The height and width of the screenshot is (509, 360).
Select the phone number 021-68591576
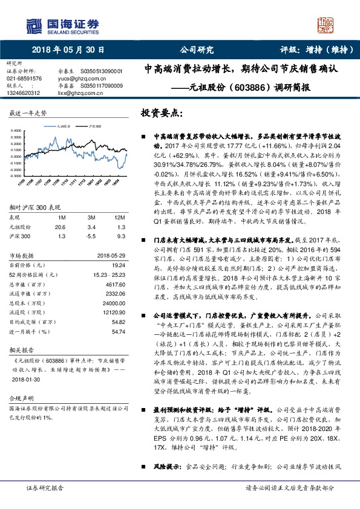click(x=24, y=79)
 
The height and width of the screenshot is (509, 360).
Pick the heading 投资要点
click(x=161, y=113)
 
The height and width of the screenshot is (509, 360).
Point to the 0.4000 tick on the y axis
click(x=18, y=131)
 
